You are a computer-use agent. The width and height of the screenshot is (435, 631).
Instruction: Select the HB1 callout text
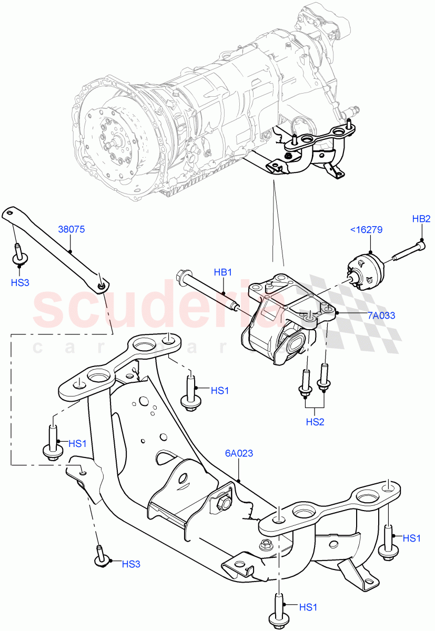point(223,272)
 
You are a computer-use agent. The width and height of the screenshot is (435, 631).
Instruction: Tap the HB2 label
point(421,219)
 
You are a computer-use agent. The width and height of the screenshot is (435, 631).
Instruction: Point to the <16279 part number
point(366,230)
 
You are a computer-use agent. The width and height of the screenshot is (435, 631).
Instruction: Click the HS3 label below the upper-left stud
point(19,282)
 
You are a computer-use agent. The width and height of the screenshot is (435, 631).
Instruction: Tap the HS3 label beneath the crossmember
point(131,564)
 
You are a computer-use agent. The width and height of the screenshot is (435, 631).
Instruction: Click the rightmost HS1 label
point(412,538)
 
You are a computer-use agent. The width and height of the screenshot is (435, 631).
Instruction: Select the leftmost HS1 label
point(77,443)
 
